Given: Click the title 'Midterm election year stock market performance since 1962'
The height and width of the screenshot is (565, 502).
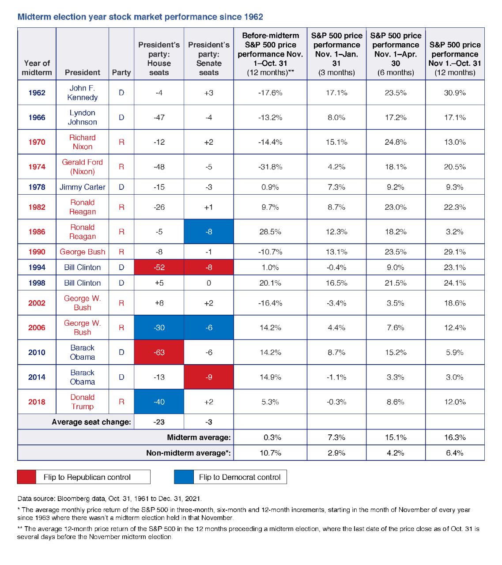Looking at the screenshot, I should tap(140, 17).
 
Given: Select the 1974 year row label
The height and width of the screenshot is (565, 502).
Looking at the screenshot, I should tap(37, 167).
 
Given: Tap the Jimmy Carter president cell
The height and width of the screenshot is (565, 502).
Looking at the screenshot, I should tap(83, 187).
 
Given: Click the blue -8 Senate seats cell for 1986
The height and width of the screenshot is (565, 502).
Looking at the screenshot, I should tap(209, 232).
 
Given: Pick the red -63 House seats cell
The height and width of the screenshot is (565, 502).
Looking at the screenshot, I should tap(159, 352).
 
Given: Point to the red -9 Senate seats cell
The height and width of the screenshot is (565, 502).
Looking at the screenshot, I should tap(209, 377).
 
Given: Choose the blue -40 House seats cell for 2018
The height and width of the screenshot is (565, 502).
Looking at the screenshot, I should tap(159, 402).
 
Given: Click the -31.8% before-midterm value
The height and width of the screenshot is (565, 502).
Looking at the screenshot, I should tap(270, 167).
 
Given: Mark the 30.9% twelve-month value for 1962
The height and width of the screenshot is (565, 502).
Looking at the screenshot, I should tap(455, 93).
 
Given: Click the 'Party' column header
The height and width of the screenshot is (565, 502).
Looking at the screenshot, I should tap(121, 72).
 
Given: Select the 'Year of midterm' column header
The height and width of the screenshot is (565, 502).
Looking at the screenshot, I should tap(37, 68).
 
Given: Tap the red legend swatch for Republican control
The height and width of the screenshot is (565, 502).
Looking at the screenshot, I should tap(26, 477).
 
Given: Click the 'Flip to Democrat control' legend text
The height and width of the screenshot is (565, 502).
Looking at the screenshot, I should tap(240, 477).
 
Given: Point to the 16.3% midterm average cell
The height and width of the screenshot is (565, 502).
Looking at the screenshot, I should tap(455, 437).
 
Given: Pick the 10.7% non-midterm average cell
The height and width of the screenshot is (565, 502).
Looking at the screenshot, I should tap(270, 453).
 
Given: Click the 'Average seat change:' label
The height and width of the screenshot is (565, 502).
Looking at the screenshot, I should tap(91, 422).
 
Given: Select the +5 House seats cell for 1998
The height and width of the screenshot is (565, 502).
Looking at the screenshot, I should tap(159, 283).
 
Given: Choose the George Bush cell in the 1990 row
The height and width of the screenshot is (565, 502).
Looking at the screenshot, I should tap(83, 252).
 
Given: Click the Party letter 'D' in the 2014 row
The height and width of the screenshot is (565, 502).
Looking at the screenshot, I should tap(121, 377).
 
